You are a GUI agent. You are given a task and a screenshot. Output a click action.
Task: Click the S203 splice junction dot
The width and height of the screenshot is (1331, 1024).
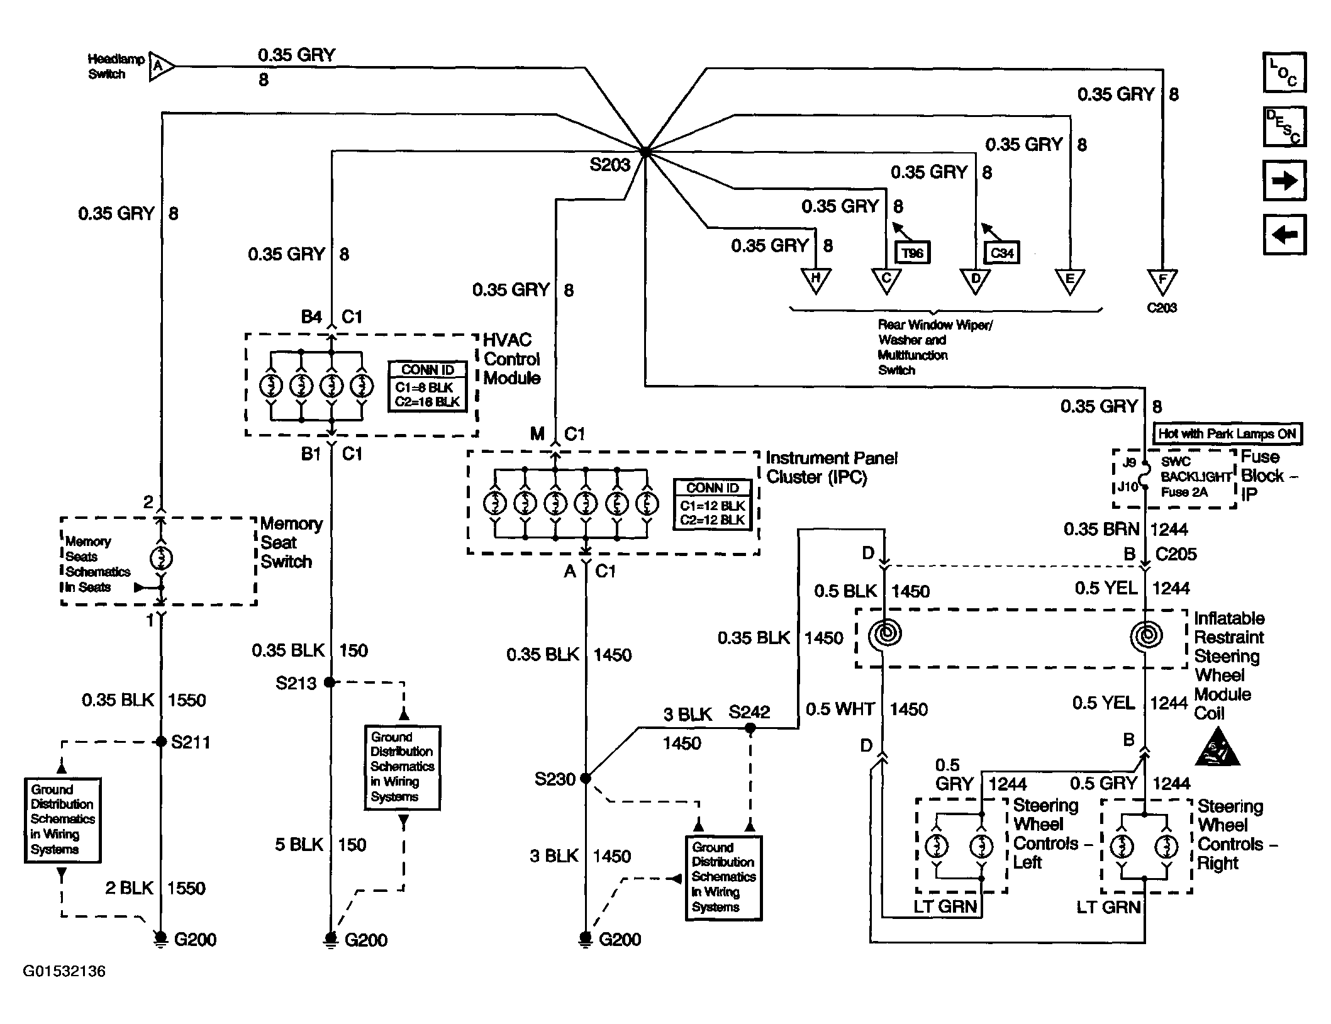[x=645, y=152]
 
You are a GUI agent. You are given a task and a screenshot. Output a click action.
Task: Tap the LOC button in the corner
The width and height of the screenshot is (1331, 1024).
[x=1284, y=72]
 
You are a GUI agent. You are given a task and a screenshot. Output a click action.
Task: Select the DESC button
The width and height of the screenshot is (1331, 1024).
[x=1284, y=126]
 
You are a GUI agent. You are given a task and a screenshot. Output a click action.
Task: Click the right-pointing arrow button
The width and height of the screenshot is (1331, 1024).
[x=1284, y=181]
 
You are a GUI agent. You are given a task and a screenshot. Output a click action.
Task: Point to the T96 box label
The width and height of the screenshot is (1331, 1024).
[x=912, y=253]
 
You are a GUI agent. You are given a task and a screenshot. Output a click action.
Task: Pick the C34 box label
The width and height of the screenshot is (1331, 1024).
[x=1001, y=253]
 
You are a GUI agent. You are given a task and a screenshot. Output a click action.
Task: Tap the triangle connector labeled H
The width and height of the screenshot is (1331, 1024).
[x=816, y=281]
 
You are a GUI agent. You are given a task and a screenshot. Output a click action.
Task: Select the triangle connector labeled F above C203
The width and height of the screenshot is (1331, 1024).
[x=1162, y=281]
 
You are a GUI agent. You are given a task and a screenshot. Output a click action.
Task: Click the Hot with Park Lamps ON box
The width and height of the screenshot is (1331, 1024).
[x=1227, y=433]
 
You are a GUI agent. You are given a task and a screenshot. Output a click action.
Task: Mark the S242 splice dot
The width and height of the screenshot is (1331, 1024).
[x=750, y=728]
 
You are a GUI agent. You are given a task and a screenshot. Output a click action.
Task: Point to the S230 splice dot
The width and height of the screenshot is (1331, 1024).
[x=586, y=779]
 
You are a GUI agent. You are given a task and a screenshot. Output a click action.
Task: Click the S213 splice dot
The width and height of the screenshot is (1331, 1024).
[x=329, y=682]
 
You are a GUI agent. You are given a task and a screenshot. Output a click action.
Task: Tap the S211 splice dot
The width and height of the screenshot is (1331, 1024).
[x=161, y=742]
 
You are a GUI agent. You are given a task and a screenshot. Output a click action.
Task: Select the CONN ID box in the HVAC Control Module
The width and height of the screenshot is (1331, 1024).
[x=428, y=386]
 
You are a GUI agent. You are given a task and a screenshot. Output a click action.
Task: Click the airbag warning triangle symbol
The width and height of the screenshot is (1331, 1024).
[x=1218, y=749]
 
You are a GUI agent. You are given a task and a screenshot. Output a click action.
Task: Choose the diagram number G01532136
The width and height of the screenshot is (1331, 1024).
[x=64, y=971]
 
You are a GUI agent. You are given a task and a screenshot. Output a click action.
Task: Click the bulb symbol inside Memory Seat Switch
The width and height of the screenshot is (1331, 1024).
[x=162, y=558]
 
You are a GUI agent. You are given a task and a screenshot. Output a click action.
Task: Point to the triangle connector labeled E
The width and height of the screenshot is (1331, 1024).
[x=1070, y=281]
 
